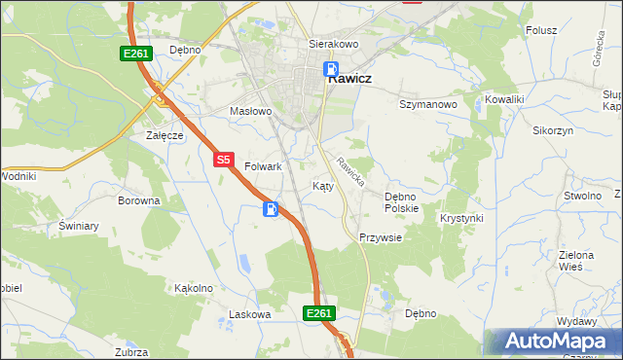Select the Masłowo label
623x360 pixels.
coord(250,111)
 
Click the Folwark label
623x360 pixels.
coord(263,166)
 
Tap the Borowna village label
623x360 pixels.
coord(138,200)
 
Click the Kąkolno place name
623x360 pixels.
coord(193,288)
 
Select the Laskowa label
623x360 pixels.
coord(248,314)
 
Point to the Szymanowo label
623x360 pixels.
coord(428,103)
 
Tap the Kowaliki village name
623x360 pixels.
coord(504,99)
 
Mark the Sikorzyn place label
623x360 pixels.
coord(553,129)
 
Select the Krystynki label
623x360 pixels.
coord(461,218)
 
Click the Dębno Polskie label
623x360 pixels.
coord(401,201)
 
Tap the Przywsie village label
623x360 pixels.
coord(381,236)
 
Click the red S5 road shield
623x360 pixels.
coord(224,159)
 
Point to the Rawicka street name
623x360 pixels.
coord(349,171)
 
